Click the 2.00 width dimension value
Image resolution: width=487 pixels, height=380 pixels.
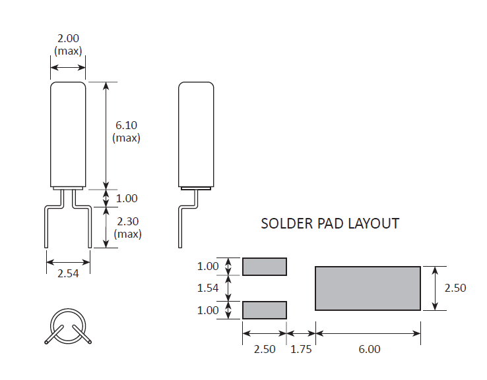coord(68,38)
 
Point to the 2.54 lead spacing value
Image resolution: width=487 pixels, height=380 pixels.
coord(68,273)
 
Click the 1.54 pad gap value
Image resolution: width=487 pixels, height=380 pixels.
coord(208,288)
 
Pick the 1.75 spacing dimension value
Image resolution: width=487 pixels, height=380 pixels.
coord(301,349)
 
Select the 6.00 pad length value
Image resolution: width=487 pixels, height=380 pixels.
coord(370,349)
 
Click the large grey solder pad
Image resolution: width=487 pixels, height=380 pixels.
coord(368,288)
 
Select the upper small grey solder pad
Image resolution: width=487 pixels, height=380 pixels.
coord(265,266)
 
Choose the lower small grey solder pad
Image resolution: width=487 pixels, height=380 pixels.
coord(265,310)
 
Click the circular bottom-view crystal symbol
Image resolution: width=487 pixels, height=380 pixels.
coord(69,326)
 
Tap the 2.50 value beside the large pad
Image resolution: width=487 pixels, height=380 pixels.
coord(455,288)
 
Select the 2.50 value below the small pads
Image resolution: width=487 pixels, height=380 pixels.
coord(265,349)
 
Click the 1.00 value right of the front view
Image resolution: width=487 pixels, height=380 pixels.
coord(126,198)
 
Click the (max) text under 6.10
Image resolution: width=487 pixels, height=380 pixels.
coord(126,138)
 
